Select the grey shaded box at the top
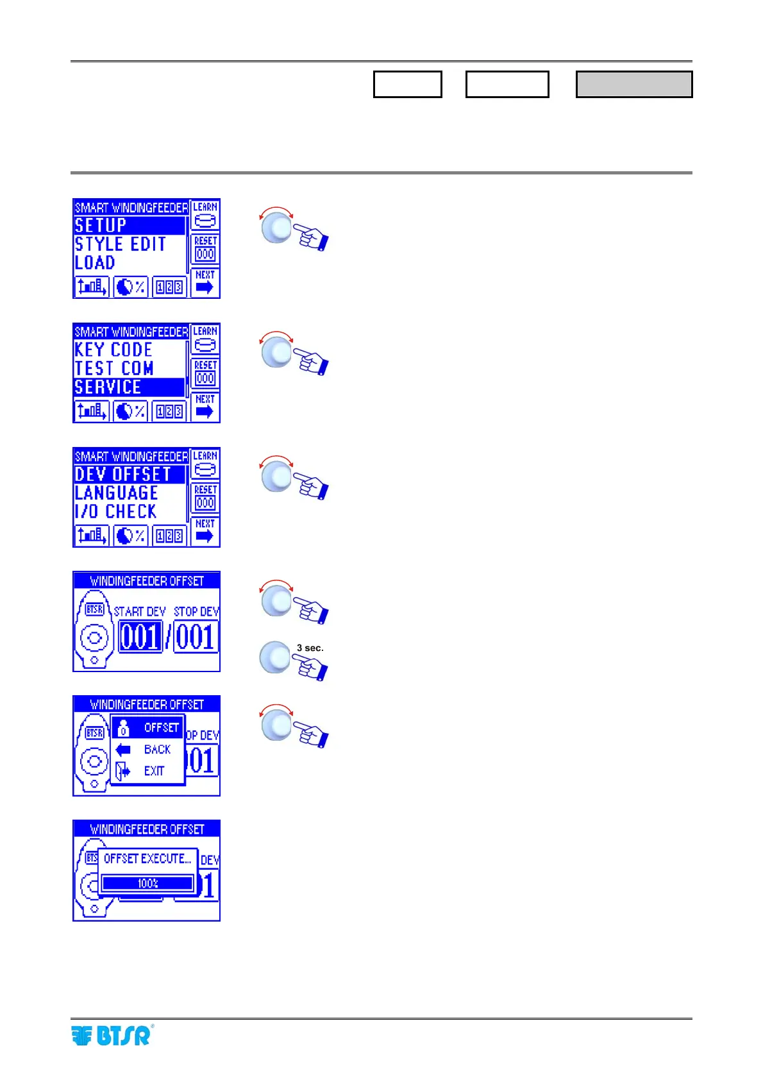[x=633, y=84]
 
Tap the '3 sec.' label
[x=310, y=648]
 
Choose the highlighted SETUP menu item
[x=129, y=226]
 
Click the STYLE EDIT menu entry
[x=121, y=244]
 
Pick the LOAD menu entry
[x=95, y=263]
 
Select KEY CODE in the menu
[x=113, y=350]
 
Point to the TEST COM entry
[x=114, y=369]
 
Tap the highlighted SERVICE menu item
[x=129, y=387]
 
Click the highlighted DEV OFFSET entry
[x=129, y=475]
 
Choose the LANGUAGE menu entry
[x=116, y=493]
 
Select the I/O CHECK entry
[x=115, y=512]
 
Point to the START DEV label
[x=140, y=612]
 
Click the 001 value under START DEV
[x=140, y=636]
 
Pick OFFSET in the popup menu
[x=161, y=728]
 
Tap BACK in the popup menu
[x=157, y=750]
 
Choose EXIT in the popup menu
[x=154, y=772]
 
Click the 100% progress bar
[x=147, y=883]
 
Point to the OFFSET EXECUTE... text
[x=147, y=859]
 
